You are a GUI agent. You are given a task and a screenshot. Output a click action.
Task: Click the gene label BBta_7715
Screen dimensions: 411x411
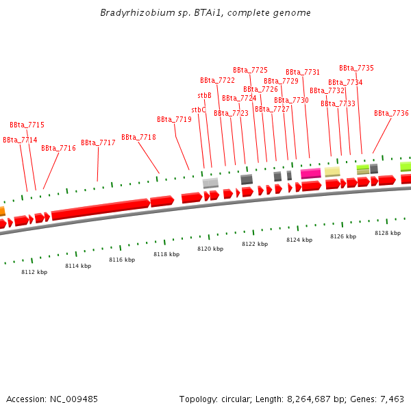coord(27,125)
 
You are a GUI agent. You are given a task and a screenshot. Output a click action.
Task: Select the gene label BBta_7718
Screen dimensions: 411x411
coord(138,137)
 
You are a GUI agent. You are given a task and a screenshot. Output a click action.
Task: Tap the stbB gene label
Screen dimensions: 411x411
coord(204,96)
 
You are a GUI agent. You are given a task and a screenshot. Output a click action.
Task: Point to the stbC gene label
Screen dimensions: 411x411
coord(198,110)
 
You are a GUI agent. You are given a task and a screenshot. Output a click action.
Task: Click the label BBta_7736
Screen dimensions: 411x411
coord(391,114)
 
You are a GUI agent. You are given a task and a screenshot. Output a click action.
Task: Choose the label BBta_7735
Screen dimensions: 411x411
coord(356,68)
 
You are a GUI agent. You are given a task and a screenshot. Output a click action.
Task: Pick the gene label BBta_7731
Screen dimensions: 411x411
coord(303,73)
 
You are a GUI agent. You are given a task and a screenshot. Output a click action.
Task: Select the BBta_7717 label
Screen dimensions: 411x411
coord(98,143)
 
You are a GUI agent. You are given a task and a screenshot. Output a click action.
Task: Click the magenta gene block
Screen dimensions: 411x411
coord(310,173)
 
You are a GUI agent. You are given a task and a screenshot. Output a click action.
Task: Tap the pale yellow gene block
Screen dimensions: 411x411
coord(332,171)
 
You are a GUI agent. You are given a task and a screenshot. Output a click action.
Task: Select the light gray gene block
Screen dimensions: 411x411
coord(210,183)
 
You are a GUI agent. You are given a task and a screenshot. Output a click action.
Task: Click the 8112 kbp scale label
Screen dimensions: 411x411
coord(34,272)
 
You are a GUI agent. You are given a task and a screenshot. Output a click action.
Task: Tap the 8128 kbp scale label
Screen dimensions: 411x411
coord(387,233)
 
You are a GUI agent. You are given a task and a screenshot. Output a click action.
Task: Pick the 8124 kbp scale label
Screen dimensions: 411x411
coord(299,240)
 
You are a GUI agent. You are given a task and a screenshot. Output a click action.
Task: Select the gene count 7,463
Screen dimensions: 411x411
coord(390,399)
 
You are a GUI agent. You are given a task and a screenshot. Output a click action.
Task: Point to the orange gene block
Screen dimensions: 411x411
coord(2,212)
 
